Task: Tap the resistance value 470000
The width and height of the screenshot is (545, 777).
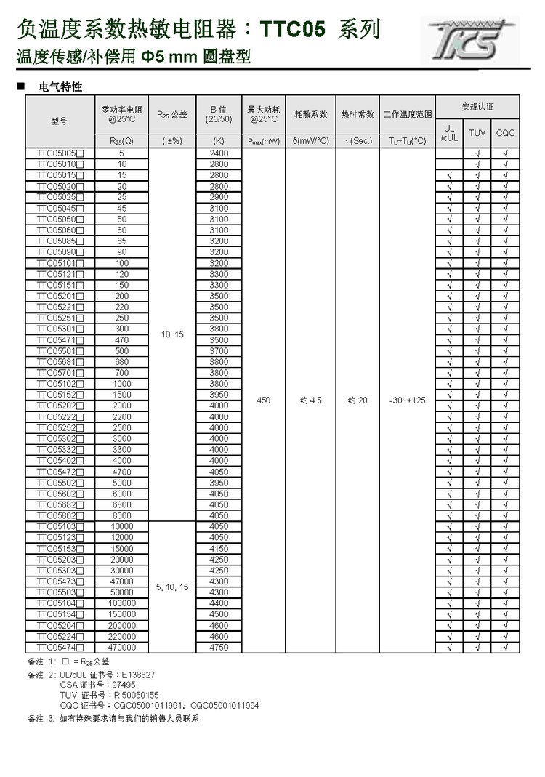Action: click(x=121, y=647)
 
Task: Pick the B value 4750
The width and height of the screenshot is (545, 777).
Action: click(x=218, y=647)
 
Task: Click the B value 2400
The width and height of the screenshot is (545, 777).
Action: click(x=218, y=153)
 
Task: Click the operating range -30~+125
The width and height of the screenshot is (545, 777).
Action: click(x=408, y=400)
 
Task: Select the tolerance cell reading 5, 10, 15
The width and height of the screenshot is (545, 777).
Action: click(x=172, y=587)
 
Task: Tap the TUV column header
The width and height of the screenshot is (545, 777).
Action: click(x=477, y=133)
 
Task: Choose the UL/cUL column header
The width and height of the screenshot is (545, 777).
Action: click(x=449, y=133)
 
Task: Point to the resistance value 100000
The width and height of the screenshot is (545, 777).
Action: click(x=121, y=603)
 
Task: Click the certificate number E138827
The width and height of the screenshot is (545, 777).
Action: click(x=134, y=675)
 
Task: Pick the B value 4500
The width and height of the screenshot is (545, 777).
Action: click(x=218, y=614)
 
